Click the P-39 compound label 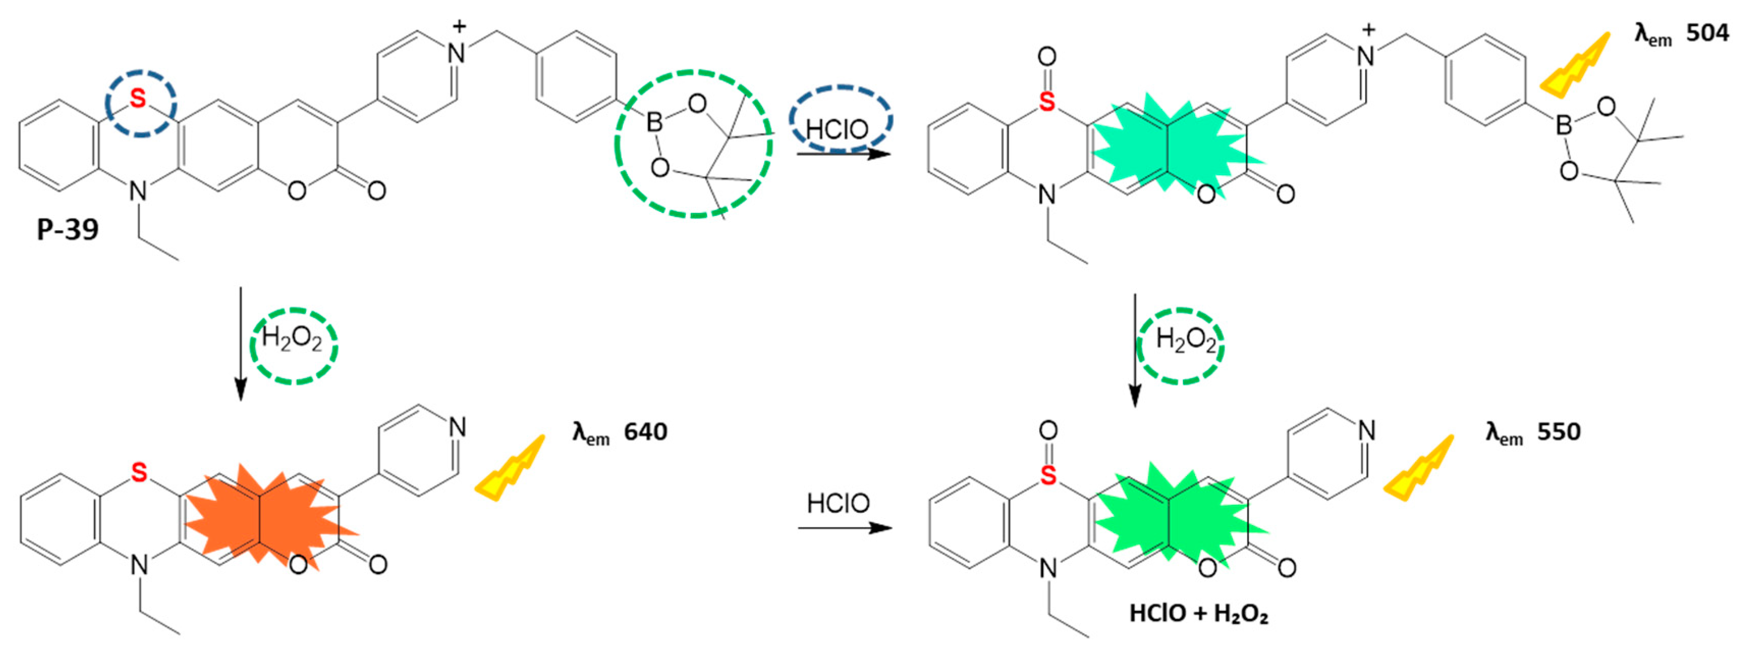click(x=68, y=230)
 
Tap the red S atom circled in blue click(x=137, y=99)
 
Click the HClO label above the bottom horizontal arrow click(x=838, y=503)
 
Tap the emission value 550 click(x=1558, y=431)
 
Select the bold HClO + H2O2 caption click(x=1198, y=614)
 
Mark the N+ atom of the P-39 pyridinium click(x=457, y=53)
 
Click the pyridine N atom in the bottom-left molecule click(x=457, y=427)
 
